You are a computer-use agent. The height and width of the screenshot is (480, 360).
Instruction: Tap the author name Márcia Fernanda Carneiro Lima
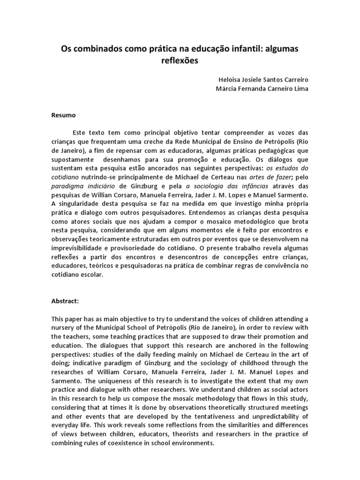click(x=261, y=89)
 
